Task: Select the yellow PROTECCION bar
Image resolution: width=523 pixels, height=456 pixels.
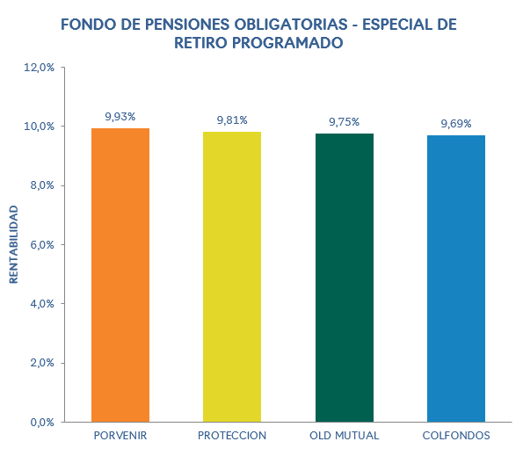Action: pyautogui.click(x=232, y=277)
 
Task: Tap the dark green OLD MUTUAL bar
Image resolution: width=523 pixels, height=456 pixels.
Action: pyautogui.click(x=344, y=278)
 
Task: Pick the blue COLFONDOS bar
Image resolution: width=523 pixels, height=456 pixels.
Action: pyautogui.click(x=455, y=279)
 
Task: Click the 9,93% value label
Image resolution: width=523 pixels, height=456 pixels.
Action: pyautogui.click(x=120, y=116)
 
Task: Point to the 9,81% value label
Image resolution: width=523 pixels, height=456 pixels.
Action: pyautogui.click(x=232, y=119)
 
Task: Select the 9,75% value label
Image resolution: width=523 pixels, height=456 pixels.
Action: pyautogui.click(x=344, y=121)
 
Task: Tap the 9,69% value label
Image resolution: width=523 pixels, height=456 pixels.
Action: pyautogui.click(x=455, y=124)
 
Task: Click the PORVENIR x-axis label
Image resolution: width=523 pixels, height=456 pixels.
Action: pyautogui.click(x=120, y=436)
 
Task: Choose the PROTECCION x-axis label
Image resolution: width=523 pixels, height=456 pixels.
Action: pyautogui.click(x=232, y=436)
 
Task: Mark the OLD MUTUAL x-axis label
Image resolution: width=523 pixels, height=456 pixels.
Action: pyautogui.click(x=344, y=436)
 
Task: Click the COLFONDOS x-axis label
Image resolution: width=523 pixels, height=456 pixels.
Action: pyautogui.click(x=455, y=436)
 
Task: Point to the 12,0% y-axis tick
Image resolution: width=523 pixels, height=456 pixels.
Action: pyautogui.click(x=40, y=67)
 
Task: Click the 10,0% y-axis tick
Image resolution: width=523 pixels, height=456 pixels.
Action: pyautogui.click(x=40, y=127)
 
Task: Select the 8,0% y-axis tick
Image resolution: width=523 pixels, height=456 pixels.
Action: pyautogui.click(x=42, y=185)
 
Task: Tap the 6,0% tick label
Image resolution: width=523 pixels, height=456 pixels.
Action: pyautogui.click(x=42, y=244)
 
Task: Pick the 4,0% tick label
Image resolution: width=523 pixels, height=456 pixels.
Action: pyautogui.click(x=42, y=304)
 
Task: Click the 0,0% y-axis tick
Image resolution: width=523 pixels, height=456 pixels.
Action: pyautogui.click(x=42, y=422)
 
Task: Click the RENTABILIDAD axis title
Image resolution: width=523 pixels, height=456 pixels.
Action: pyautogui.click(x=14, y=244)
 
